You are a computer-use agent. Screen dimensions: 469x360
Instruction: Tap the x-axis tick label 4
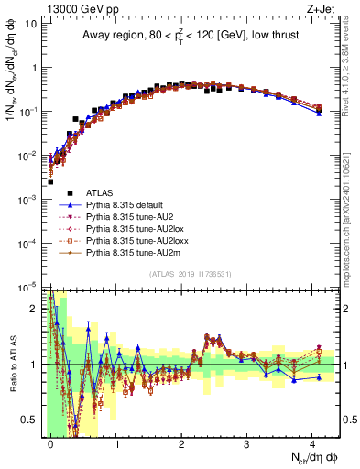312,443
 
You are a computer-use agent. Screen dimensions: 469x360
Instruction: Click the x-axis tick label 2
181,443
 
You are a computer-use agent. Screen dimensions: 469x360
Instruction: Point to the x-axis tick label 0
50,443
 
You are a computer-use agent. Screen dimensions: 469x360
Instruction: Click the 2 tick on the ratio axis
34,309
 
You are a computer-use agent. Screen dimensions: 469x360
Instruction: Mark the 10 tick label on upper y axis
29,22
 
